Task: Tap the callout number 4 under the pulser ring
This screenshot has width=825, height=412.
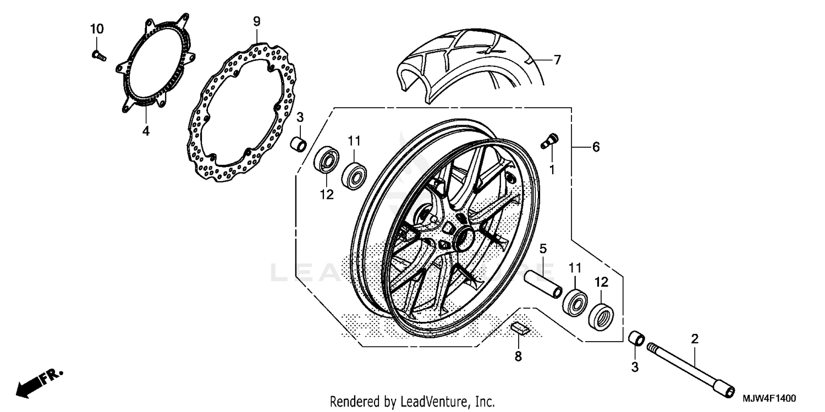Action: (146, 131)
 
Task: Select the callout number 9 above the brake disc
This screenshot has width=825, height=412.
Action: (257, 21)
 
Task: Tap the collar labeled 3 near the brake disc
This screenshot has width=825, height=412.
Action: (299, 144)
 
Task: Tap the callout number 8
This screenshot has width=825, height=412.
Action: (518, 357)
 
